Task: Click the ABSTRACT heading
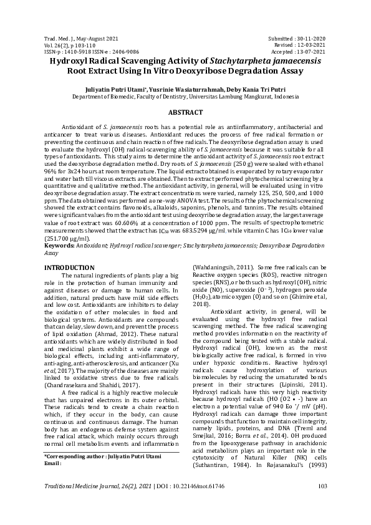[x=185, y=112]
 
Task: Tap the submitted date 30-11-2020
[x=309, y=39]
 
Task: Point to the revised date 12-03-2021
[x=309, y=45]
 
